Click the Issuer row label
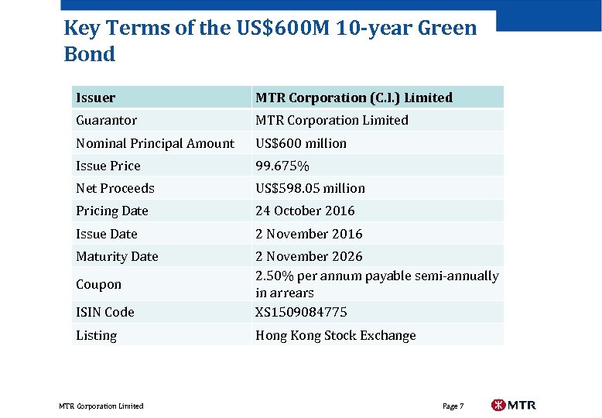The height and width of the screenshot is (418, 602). pos(95,98)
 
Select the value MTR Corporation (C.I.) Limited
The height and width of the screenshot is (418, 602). pos(354,98)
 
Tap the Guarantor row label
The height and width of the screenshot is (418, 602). pos(106,120)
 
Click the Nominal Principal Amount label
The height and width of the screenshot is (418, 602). pos(155,143)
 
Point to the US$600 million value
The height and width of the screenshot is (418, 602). pos(301,143)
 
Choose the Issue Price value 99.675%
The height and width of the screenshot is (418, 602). pos(282,166)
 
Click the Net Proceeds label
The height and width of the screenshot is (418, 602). pos(115,188)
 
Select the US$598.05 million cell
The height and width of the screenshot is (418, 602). pos(310,188)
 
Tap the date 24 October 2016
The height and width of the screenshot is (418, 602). pos(305,211)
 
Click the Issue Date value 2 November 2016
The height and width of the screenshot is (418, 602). pos(309,234)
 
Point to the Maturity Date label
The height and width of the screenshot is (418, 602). pos(117,256)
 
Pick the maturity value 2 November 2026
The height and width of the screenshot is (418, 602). pos(309,256)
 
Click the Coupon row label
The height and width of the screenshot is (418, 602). pos(98,284)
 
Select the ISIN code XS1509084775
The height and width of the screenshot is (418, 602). pos(301,312)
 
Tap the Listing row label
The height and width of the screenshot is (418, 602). pos(96,335)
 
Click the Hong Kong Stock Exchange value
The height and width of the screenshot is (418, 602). pos(335,335)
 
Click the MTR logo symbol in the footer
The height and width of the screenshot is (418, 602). pos(498,405)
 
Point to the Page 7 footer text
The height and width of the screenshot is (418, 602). pos(453,406)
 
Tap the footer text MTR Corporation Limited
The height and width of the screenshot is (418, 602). pos(101,406)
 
